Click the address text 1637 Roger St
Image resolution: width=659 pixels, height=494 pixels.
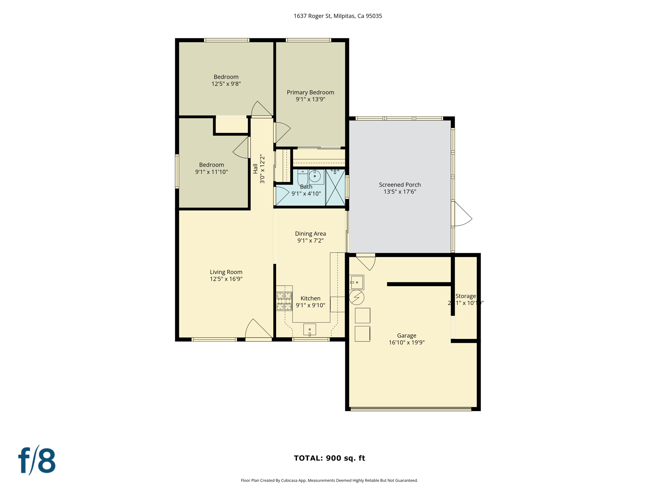[338, 16]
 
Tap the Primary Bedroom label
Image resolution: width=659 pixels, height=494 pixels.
[310, 92]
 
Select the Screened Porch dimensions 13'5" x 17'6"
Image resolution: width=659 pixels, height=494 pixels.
[400, 192]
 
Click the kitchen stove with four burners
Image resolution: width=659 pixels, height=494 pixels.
[284, 301]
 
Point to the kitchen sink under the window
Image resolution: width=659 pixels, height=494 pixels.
[310, 329]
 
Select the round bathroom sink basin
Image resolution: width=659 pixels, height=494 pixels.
[315, 176]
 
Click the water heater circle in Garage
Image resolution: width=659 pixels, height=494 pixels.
[357, 297]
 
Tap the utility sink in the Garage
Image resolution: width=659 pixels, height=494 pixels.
[357, 282]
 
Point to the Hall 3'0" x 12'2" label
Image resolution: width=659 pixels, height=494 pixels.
[259, 169]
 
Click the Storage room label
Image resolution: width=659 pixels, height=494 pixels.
[465, 296]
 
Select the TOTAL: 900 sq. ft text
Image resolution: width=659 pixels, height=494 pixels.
[329, 458]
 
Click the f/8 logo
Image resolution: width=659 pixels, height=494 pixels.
[37, 461]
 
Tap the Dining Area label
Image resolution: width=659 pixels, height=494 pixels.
[310, 233]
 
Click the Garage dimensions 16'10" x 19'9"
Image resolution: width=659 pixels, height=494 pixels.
[406, 343]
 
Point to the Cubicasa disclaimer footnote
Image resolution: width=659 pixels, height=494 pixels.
[329, 480]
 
